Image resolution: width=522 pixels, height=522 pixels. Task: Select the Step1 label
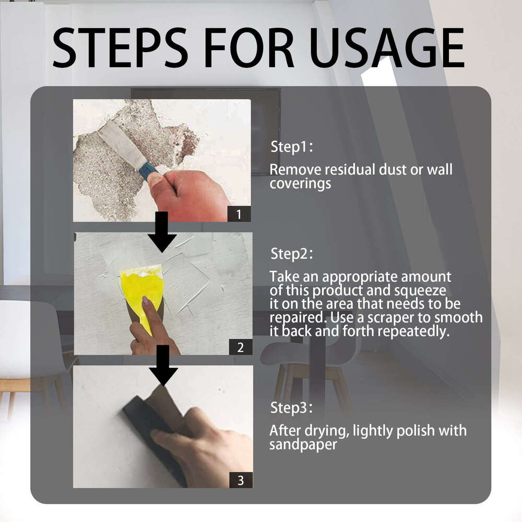[x=290, y=147]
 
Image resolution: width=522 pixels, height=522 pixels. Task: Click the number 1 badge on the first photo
[x=239, y=214]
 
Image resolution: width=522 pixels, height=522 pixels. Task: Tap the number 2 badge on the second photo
[x=240, y=347]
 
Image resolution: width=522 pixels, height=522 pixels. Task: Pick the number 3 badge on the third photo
[x=240, y=480]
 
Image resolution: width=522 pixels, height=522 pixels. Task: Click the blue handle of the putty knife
[x=148, y=170]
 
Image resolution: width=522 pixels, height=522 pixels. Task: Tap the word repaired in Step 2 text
[x=290, y=318]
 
